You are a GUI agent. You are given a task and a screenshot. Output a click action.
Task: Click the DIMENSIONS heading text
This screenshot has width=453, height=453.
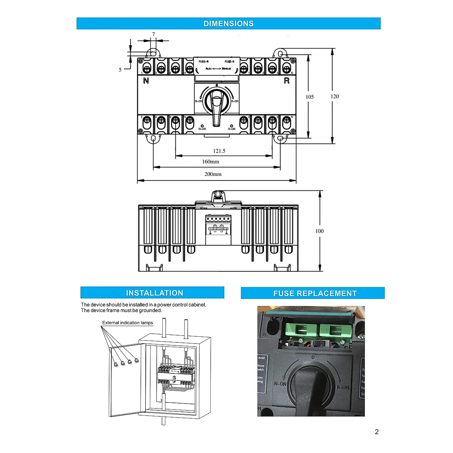228,23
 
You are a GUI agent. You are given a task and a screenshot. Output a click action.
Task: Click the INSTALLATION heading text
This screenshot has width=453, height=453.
154,293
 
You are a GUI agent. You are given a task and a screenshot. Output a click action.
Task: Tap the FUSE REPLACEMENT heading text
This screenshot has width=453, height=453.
315,293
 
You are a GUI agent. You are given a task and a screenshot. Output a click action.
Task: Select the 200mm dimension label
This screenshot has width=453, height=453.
213,174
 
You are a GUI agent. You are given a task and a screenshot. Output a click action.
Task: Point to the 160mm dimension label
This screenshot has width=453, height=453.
210,162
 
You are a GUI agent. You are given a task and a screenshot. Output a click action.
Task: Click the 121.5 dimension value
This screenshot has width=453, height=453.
219,151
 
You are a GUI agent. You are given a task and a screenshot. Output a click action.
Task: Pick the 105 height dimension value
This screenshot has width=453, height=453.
310,97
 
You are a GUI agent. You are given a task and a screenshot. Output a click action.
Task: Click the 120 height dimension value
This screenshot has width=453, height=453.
334,97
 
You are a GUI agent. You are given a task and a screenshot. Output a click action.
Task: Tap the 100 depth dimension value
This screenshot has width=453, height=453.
319,231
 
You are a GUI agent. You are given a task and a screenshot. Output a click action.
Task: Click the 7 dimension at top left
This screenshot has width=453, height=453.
154,34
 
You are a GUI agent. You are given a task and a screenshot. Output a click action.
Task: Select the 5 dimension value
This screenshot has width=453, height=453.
120,70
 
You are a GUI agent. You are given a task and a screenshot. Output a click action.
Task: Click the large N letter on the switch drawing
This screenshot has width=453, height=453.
146,81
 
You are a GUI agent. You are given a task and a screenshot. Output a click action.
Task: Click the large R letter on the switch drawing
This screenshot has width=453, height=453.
287,81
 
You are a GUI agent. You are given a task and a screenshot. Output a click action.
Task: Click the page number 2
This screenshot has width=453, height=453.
376,432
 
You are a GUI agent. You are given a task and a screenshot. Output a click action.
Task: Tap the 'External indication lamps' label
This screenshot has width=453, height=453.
128,323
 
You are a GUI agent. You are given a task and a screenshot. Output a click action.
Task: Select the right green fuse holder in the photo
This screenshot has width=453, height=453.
335,331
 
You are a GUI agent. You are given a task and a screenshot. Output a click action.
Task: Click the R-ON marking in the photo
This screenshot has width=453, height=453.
343,387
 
